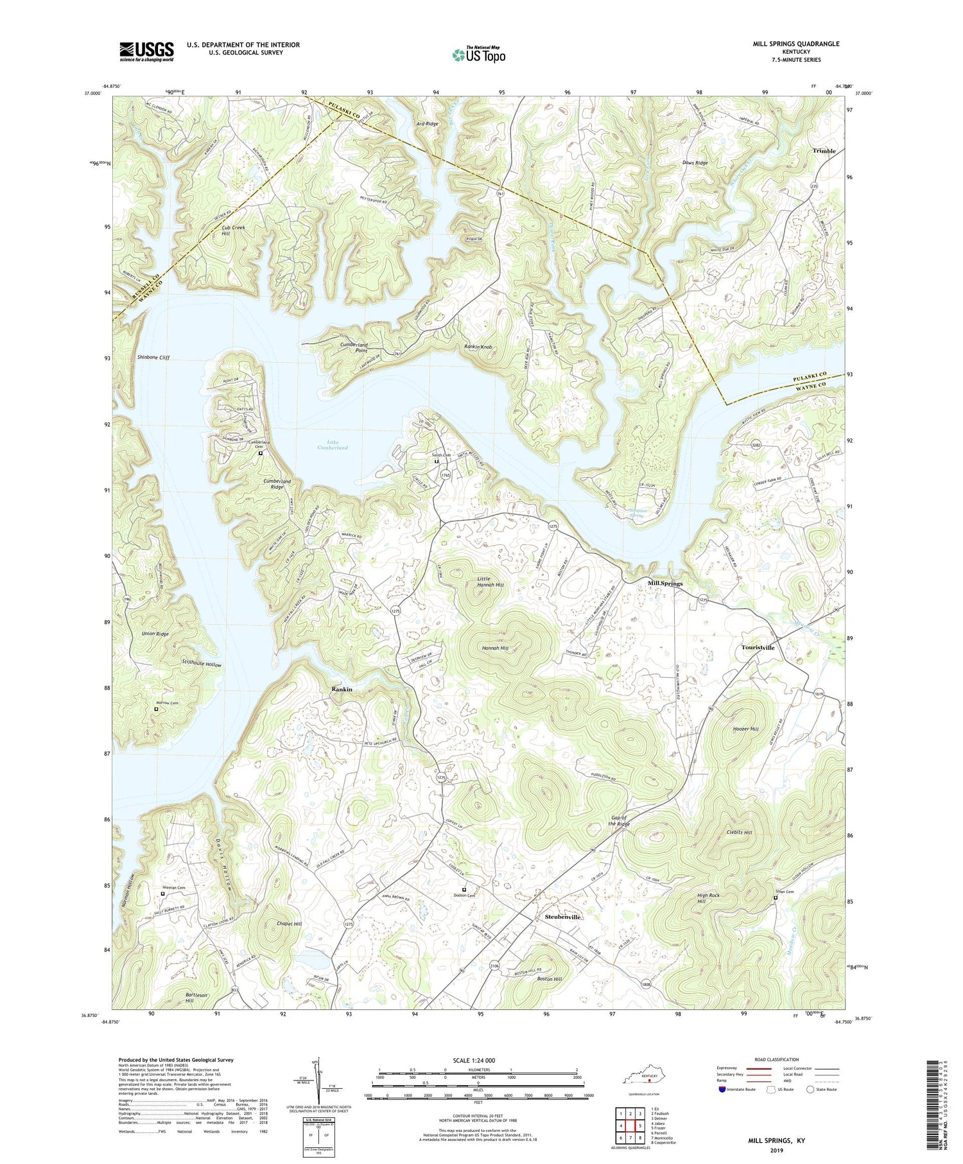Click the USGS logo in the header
click(x=146, y=51)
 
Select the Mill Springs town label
click(x=664, y=583)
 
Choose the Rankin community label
click(x=342, y=689)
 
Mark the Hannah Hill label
click(x=495, y=648)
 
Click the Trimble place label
click(x=824, y=151)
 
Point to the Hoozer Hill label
click(x=745, y=729)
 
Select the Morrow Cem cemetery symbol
click(x=155, y=709)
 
